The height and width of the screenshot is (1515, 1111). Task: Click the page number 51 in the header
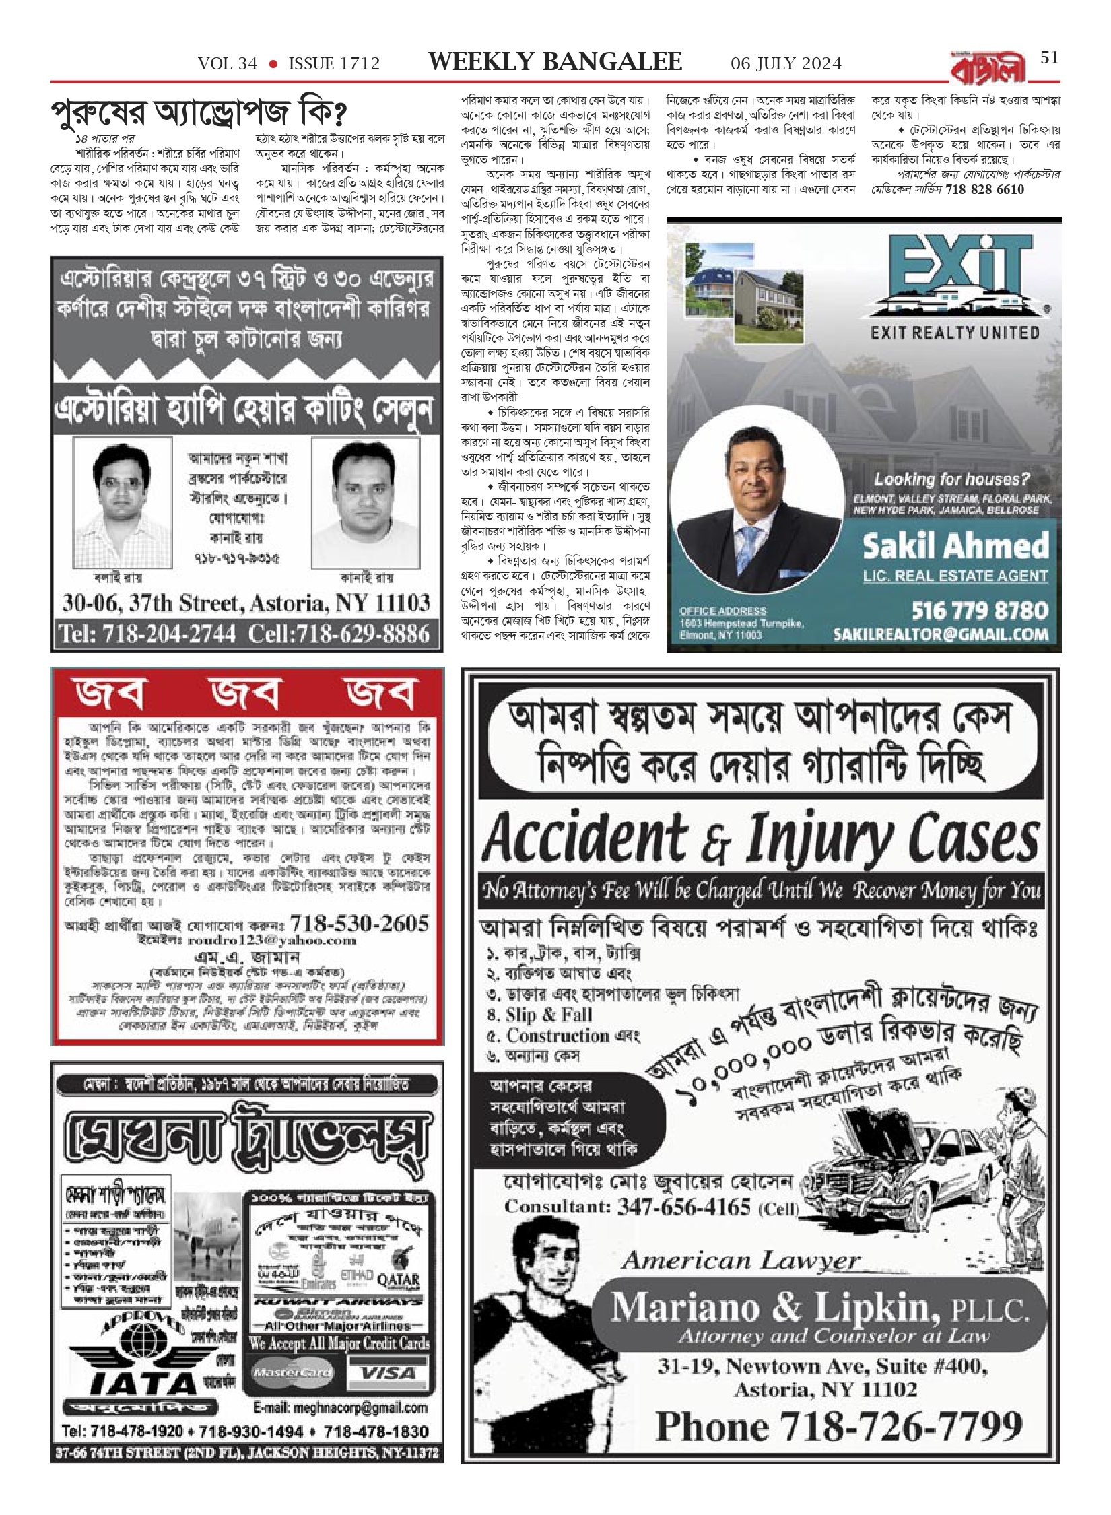click(x=1049, y=58)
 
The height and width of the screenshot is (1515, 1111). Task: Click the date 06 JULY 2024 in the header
click(x=786, y=64)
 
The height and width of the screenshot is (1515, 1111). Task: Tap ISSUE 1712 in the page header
click(x=334, y=64)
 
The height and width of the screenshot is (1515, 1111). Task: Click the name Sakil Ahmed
click(x=955, y=545)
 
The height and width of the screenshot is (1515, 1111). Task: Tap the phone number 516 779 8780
click(x=980, y=611)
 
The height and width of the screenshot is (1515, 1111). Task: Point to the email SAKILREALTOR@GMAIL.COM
click(x=940, y=634)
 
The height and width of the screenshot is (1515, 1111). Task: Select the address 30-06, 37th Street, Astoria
click(x=246, y=603)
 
